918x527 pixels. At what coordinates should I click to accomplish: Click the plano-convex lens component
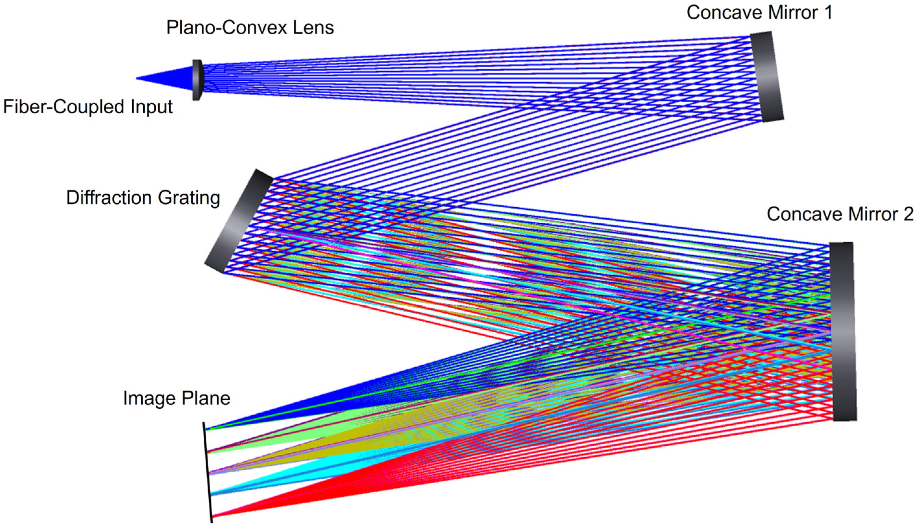tap(197, 80)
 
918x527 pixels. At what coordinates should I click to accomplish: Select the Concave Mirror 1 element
tap(766, 76)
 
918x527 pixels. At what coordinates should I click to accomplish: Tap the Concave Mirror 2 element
tap(843, 331)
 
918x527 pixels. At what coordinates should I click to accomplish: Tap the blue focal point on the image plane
tap(207, 429)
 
